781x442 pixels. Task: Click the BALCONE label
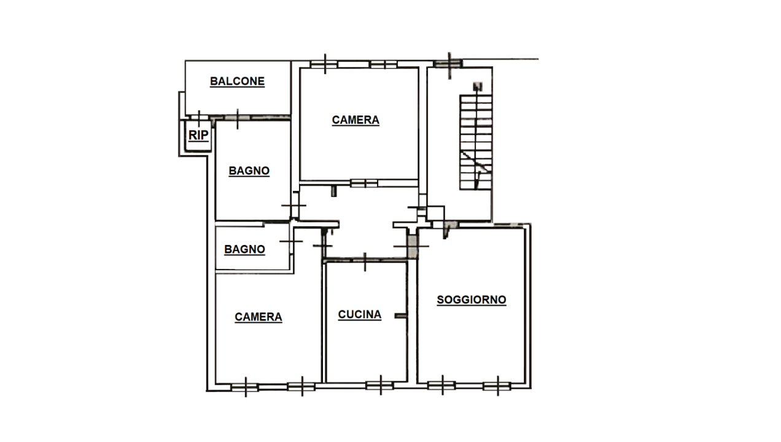click(x=237, y=81)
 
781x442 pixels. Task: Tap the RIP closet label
click(x=198, y=135)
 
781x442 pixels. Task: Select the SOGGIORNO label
click(x=472, y=300)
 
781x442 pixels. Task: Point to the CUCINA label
click(x=360, y=315)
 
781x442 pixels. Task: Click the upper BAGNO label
click(x=249, y=171)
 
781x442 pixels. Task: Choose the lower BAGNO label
click(x=244, y=249)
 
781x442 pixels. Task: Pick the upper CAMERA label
click(x=356, y=120)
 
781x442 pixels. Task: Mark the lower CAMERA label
click(x=258, y=317)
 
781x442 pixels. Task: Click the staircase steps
click(x=476, y=142)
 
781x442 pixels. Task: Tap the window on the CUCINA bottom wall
click(x=379, y=386)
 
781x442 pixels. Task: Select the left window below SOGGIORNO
click(x=441, y=386)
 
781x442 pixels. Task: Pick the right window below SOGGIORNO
click(x=497, y=386)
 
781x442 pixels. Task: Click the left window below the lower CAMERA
click(x=245, y=387)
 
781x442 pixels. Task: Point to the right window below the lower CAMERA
click(x=301, y=387)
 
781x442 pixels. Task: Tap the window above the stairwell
click(x=448, y=64)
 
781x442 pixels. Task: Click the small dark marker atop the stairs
click(x=478, y=87)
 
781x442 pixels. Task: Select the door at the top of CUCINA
click(x=365, y=260)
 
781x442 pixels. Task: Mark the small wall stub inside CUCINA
click(x=400, y=316)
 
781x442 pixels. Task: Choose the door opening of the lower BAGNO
click(x=291, y=241)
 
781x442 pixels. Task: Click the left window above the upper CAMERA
click(x=324, y=64)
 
